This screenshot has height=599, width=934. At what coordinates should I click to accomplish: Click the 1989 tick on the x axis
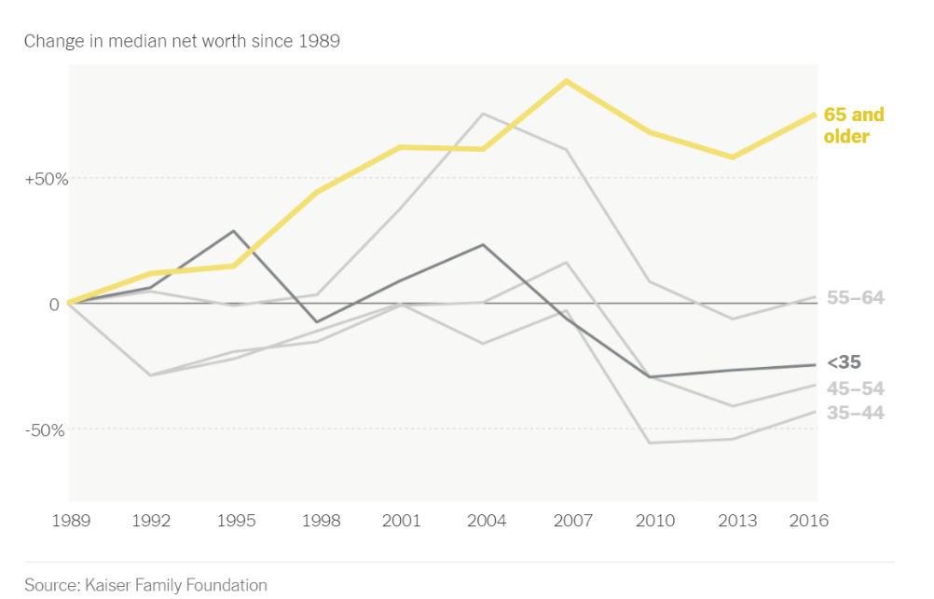click(x=70, y=521)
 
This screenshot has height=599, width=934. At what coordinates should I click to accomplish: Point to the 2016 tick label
click(x=807, y=521)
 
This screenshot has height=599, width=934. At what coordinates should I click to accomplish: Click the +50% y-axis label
click(x=46, y=178)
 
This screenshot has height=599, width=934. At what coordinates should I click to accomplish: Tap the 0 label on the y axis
click(x=54, y=304)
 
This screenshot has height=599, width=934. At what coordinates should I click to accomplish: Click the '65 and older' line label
click(x=854, y=126)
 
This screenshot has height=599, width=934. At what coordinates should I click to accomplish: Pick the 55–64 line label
click(x=856, y=298)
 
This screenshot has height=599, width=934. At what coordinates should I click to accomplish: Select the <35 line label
click(x=844, y=362)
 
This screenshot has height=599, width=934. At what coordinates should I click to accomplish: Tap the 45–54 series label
click(x=856, y=388)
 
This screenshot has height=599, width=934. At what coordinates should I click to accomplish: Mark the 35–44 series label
click(x=856, y=413)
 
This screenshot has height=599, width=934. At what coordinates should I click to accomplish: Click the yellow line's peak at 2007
click(x=566, y=81)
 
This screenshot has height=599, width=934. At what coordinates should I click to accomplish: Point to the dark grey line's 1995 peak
click(x=234, y=231)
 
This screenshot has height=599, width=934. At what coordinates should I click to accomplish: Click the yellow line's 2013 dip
click(x=733, y=157)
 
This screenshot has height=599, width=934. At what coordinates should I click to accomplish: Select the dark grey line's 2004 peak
click(x=483, y=245)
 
